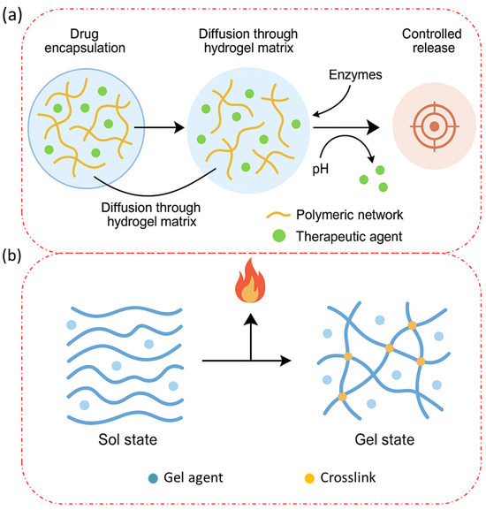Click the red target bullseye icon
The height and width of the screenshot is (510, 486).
coord(435,127)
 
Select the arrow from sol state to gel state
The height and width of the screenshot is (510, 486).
coord(247,362)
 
